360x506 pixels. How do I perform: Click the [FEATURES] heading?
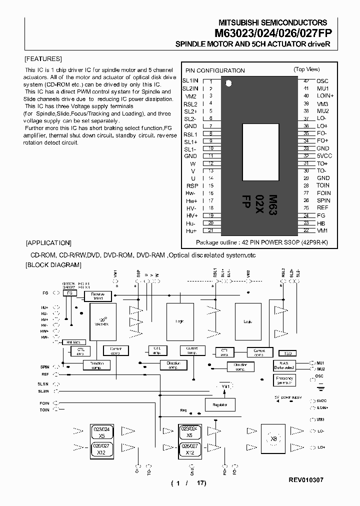coord(43,58)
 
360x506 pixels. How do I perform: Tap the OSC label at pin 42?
coord(322,81)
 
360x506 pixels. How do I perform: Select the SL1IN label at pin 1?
coord(190,81)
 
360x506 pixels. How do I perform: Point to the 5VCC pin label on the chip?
coord(324,156)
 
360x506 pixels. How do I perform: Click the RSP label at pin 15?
coord(192,186)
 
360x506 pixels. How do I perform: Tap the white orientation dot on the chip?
coord(228,82)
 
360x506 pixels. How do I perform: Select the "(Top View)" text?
coord(306,69)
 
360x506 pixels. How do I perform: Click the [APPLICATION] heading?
coord(48,243)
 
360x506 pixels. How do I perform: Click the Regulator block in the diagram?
coord(219,404)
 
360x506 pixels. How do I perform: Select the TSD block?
coord(286,353)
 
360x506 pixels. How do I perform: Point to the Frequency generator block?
coord(284,380)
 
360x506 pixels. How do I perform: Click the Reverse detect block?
coord(97,296)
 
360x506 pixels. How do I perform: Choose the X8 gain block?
coord(273,438)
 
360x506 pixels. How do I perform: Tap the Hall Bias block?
coord(73,342)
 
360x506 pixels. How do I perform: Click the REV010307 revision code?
coord(306,479)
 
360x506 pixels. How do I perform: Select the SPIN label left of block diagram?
coord(45,367)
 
